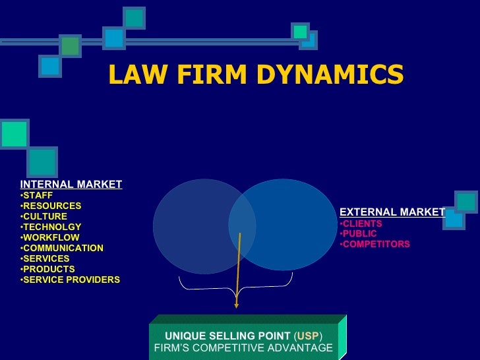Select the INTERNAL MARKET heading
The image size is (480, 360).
71,185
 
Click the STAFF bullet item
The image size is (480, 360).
38,195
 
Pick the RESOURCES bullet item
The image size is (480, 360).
52,206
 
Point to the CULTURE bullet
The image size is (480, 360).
45,216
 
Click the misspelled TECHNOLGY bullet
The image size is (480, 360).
52,227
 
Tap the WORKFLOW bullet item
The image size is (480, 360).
51,237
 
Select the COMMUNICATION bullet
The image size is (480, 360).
63,248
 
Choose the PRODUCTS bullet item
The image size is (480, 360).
49,269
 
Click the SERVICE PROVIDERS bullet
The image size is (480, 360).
71,280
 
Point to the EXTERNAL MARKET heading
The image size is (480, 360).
392,212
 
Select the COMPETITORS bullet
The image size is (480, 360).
376,244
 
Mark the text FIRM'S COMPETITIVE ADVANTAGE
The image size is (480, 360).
243,347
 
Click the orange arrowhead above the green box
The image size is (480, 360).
236,303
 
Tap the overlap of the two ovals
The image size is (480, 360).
242,224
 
